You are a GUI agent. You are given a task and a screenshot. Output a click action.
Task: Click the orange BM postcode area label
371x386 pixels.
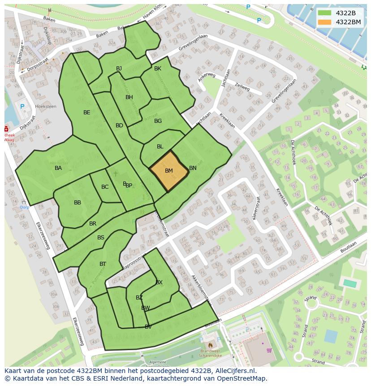pos(169,171)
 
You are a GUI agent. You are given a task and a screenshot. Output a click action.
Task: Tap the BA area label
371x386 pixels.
pos(58,168)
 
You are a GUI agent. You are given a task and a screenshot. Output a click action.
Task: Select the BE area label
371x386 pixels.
pos(87,113)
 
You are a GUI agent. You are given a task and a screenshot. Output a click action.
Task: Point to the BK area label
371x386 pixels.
pos(158,69)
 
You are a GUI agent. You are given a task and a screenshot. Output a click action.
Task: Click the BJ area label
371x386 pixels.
pos(119,69)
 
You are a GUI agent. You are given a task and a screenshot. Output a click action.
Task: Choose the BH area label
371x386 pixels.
pos(129,97)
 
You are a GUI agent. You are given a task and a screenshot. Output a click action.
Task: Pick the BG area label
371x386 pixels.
pos(158,121)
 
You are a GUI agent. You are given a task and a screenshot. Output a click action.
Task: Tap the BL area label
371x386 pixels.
pos(160,147)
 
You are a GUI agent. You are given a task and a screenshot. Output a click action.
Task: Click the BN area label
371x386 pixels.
pos(193,168)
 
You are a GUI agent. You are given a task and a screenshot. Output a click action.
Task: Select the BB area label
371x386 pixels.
pos(78,203)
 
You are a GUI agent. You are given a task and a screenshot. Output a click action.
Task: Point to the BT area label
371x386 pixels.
pos(103,264)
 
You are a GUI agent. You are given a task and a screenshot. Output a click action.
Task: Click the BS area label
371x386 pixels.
pos(101,238)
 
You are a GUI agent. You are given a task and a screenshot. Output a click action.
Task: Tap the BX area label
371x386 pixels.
pos(159,282)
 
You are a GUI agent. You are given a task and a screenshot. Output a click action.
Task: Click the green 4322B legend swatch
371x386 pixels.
pos(324,13)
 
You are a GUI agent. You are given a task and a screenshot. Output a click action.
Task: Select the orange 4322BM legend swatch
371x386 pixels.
pos(324,22)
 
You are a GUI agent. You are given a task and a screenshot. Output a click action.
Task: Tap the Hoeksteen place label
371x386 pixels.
pos(45,106)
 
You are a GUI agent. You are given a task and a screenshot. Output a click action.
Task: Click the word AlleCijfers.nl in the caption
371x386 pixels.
pos(234,371)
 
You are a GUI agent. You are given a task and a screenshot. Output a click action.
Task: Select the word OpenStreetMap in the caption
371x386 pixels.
pos(241,378)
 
